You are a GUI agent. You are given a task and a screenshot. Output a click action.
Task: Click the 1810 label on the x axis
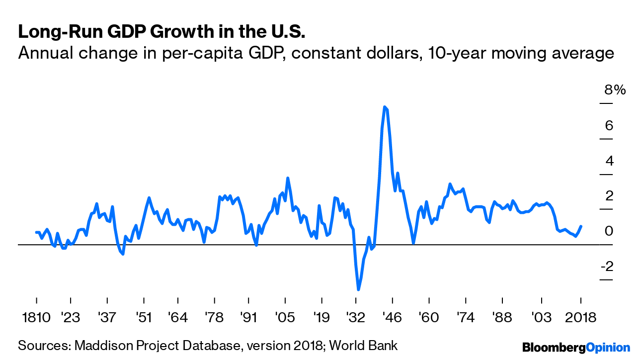point(36,318)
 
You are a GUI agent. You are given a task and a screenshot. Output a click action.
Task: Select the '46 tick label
point(393,318)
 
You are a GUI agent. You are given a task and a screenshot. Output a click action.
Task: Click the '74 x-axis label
point(465,318)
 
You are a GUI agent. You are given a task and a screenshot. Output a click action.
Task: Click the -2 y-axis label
point(607,267)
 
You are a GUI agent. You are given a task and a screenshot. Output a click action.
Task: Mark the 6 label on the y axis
point(609,125)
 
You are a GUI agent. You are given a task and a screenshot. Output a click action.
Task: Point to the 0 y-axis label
point(609,231)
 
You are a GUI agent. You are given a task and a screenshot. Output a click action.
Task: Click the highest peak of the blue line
point(385,107)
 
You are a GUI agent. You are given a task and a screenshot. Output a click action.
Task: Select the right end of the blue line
point(581,226)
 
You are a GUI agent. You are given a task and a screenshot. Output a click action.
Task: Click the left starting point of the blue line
point(36,232)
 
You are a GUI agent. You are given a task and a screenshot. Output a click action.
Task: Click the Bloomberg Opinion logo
point(575,347)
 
